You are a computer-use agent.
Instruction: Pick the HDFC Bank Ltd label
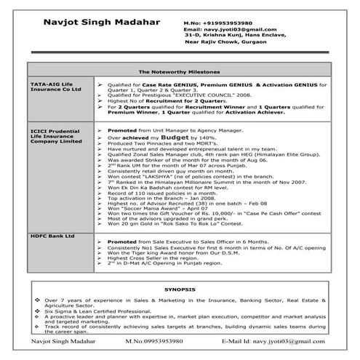(x=50, y=236)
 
